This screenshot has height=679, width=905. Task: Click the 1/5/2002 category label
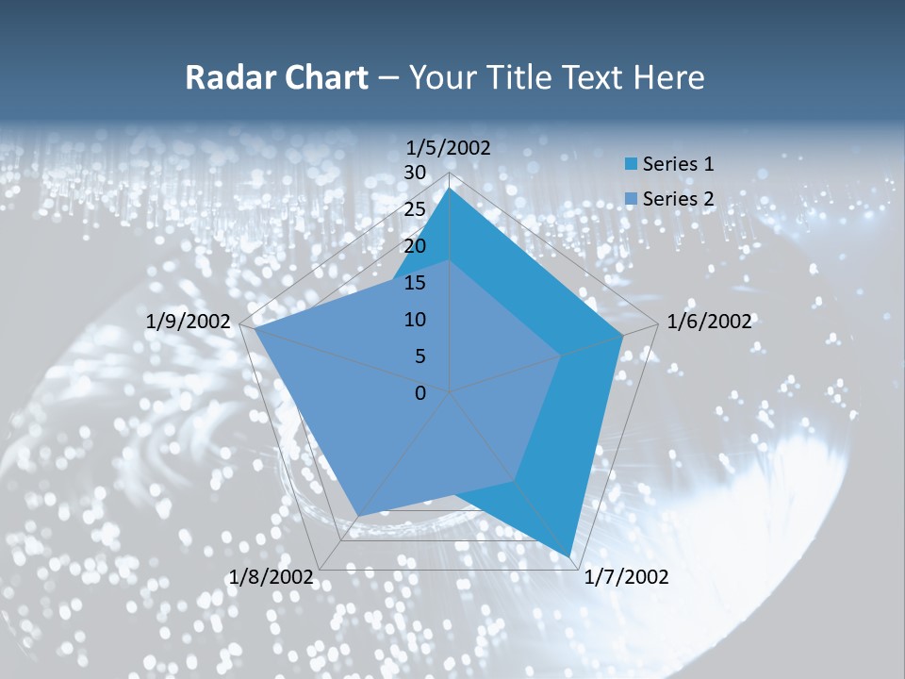[449, 148]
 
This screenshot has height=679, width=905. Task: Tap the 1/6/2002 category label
[709, 322]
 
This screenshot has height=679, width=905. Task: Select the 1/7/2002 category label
[626, 577]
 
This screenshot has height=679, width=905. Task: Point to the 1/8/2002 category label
[271, 577]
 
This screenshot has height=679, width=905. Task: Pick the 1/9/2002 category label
[189, 322]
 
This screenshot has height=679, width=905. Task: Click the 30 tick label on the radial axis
[414, 173]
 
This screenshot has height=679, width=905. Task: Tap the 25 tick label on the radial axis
[414, 209]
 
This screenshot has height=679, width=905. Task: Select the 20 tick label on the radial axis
[414, 246]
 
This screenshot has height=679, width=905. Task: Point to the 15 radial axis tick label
[414, 283]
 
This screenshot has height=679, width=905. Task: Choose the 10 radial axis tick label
[414, 320]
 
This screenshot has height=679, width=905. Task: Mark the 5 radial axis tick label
[420, 356]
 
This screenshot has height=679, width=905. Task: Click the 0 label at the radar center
[420, 393]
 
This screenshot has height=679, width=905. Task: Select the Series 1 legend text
[678, 164]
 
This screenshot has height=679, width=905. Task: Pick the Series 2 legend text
[678, 199]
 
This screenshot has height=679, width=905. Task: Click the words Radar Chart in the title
[276, 77]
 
